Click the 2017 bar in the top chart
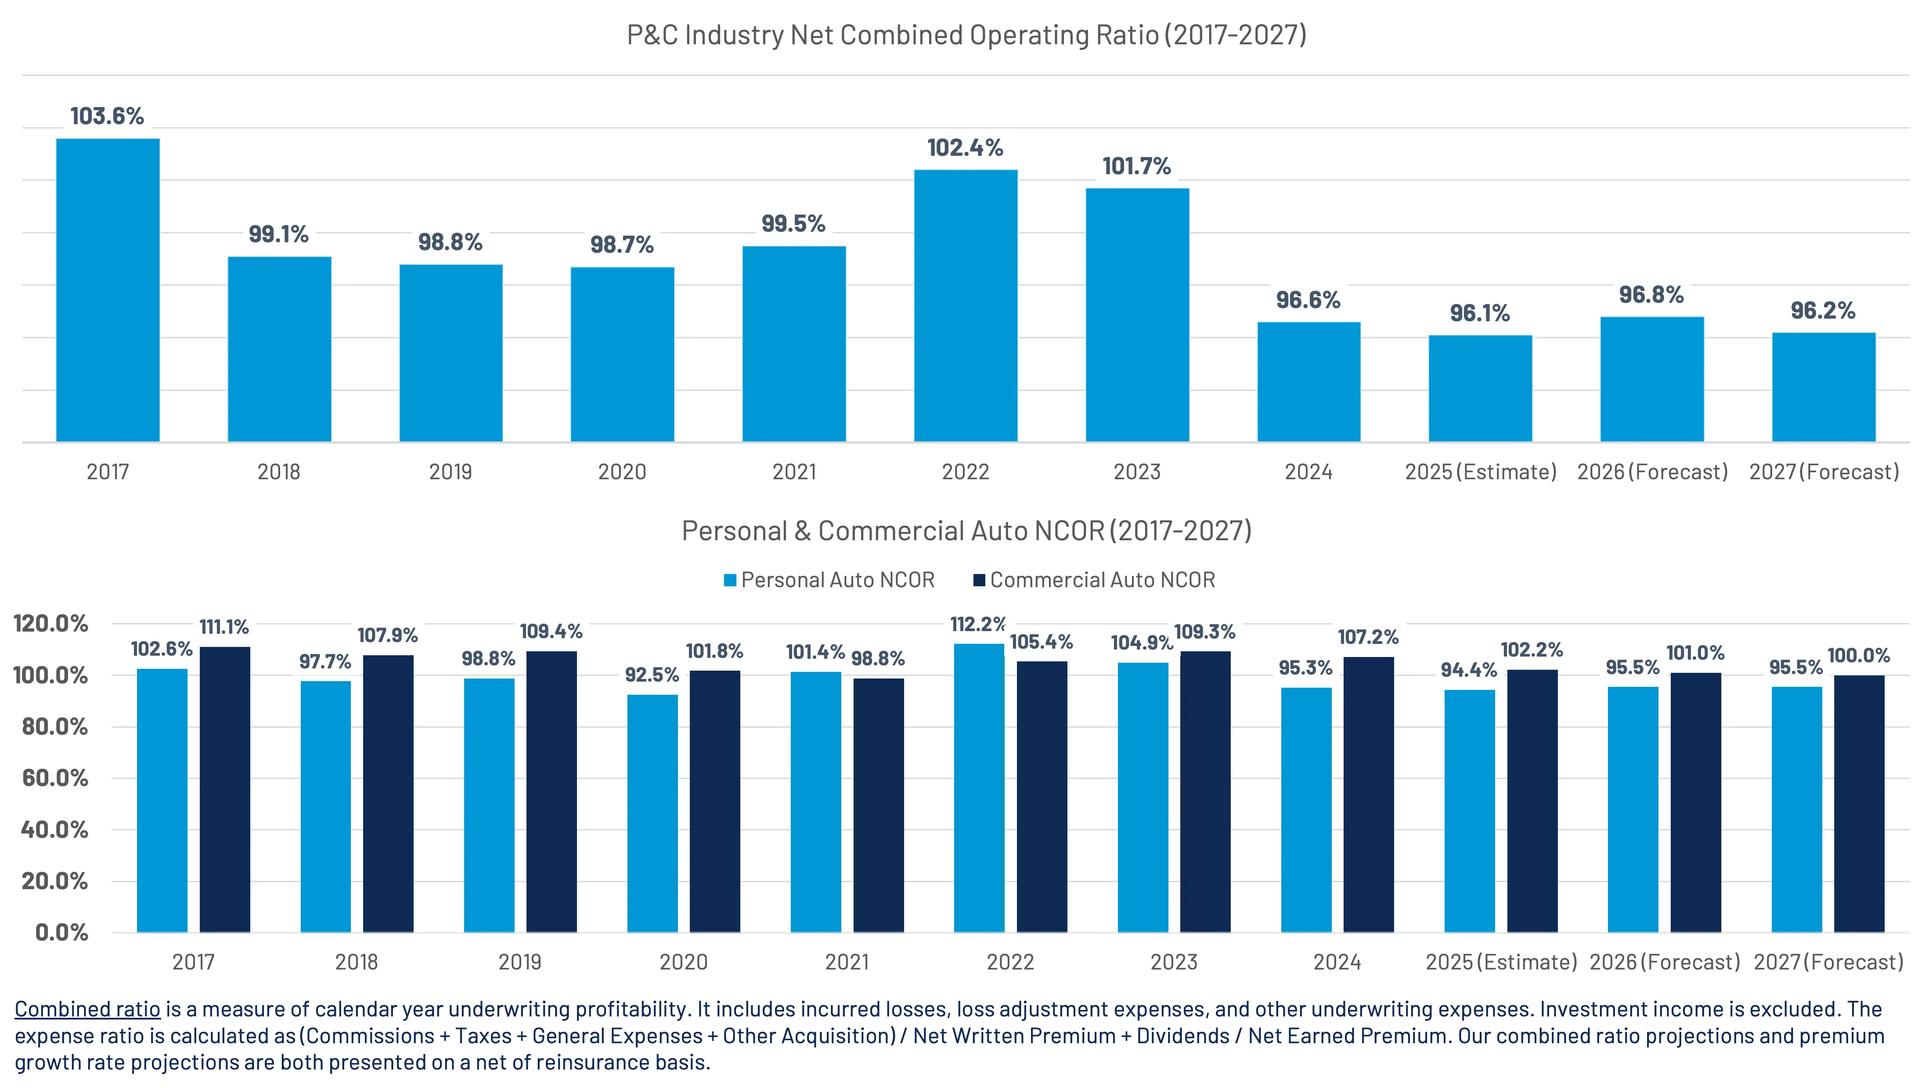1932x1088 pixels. (x=108, y=290)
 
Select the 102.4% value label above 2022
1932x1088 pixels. (x=965, y=148)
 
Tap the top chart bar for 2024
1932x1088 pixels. (x=1309, y=382)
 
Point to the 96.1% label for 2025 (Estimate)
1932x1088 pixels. (x=1480, y=313)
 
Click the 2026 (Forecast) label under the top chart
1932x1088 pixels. (x=1652, y=472)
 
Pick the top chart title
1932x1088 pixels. (x=966, y=35)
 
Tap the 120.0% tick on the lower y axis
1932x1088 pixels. (x=51, y=624)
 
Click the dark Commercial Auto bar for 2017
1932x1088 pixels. (x=225, y=790)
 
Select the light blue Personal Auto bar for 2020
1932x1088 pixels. (x=652, y=814)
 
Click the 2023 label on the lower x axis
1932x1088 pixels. (x=1174, y=962)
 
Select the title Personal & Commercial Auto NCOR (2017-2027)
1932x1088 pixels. (x=966, y=531)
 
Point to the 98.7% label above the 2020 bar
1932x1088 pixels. (x=622, y=245)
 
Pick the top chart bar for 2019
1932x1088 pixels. (x=451, y=353)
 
